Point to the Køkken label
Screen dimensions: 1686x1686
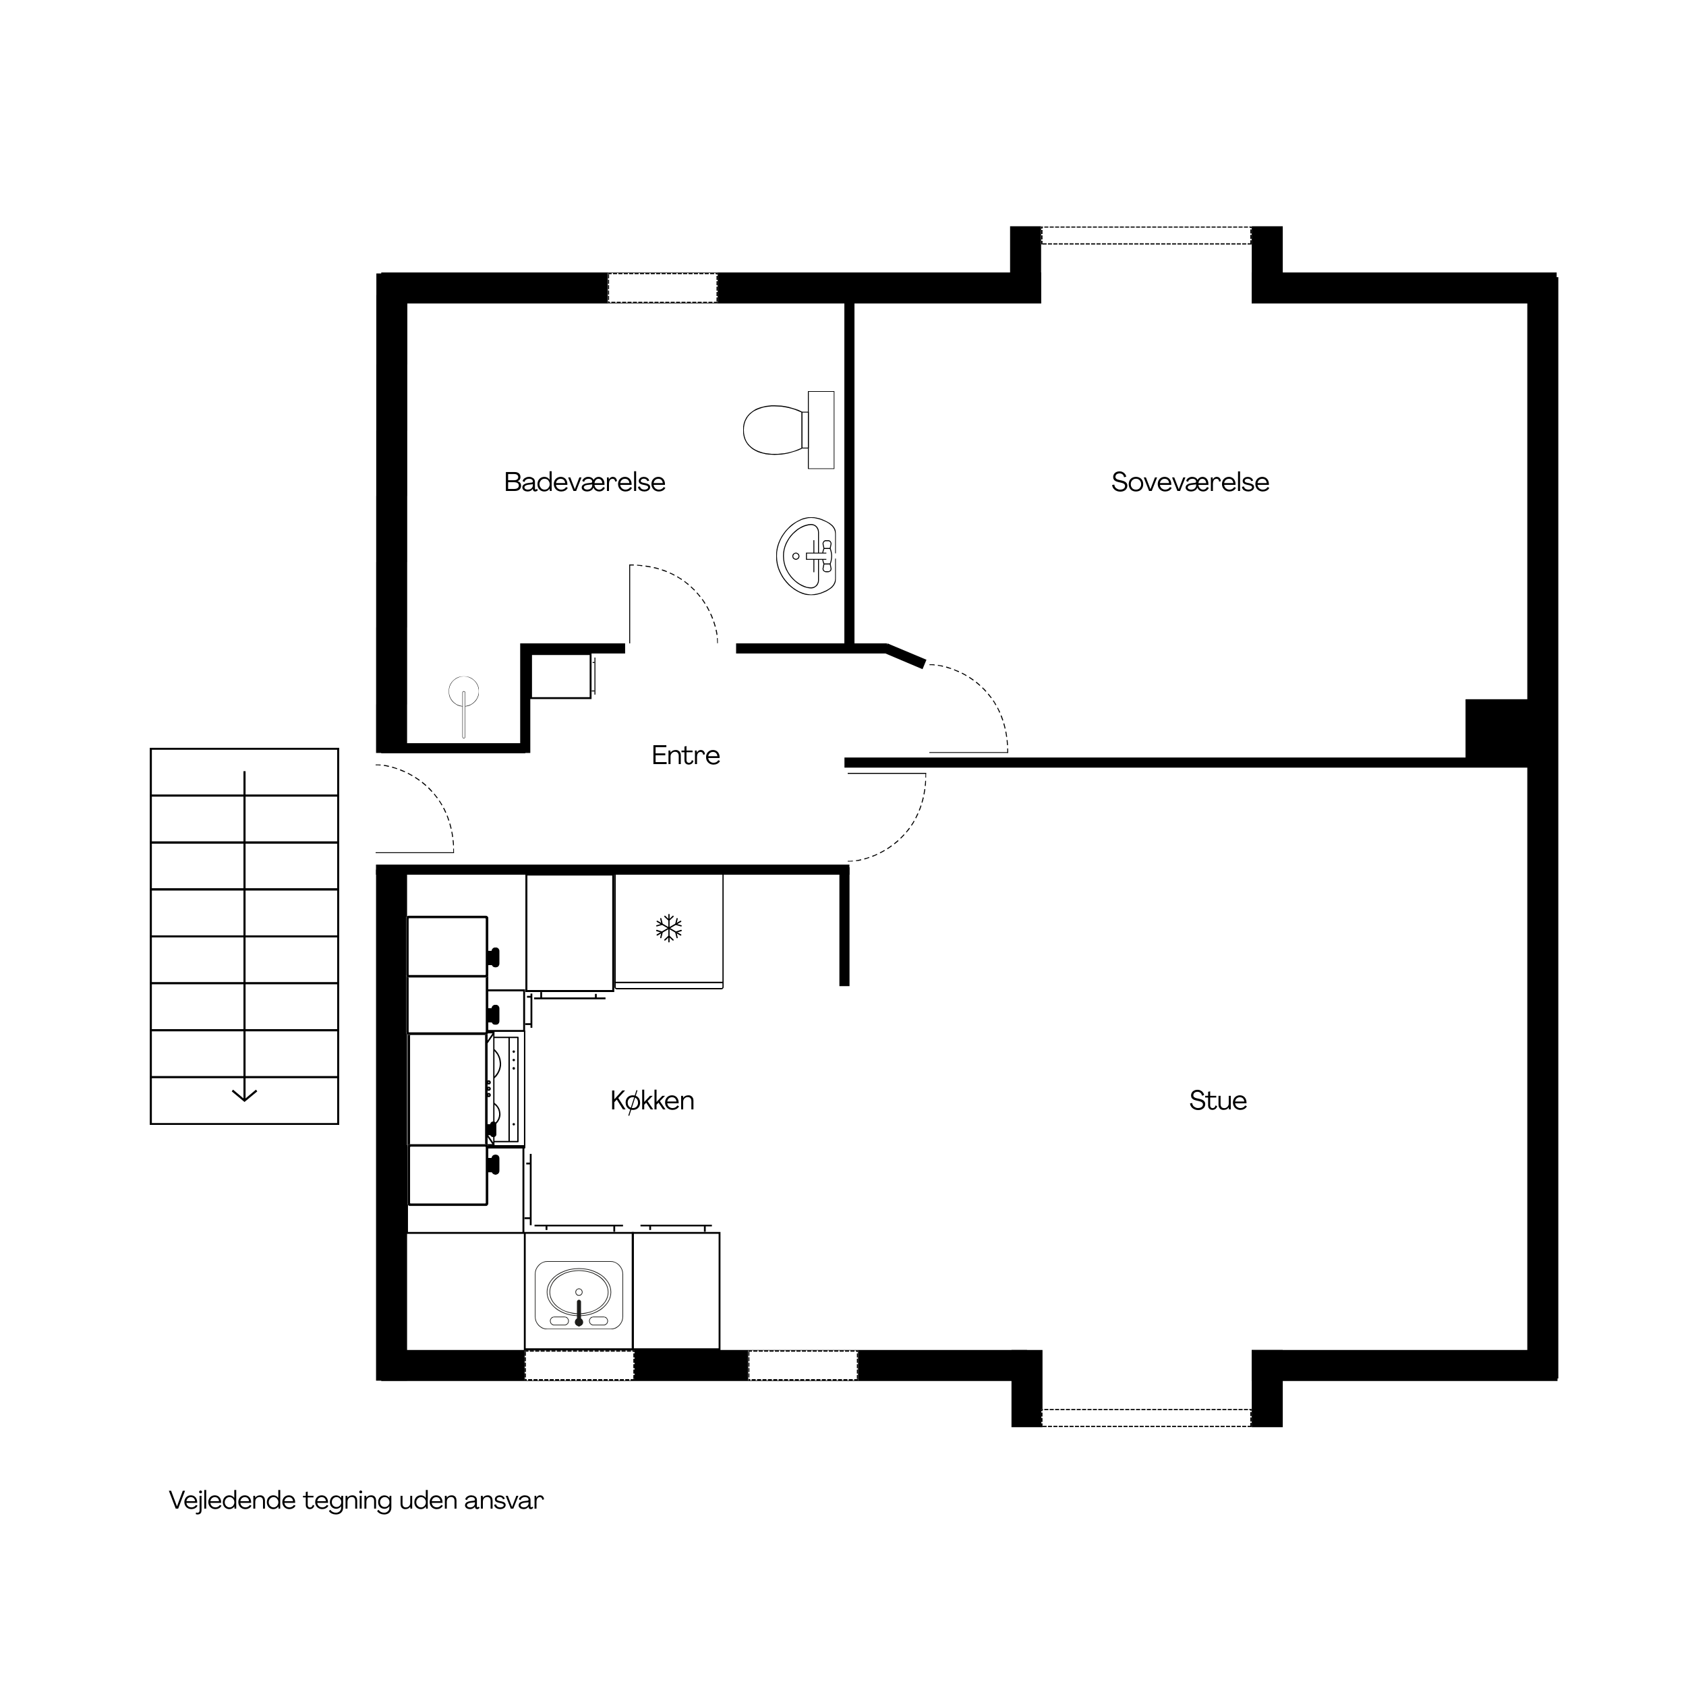coord(653,1101)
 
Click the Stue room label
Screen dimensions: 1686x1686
coord(1218,1101)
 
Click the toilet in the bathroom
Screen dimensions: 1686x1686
coord(788,430)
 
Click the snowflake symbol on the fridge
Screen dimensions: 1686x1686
coord(668,929)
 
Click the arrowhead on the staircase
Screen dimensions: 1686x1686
coord(244,1095)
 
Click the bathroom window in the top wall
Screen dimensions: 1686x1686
coord(662,288)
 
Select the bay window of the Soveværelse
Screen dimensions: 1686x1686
coord(1146,235)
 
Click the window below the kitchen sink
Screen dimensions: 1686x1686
coord(579,1366)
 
